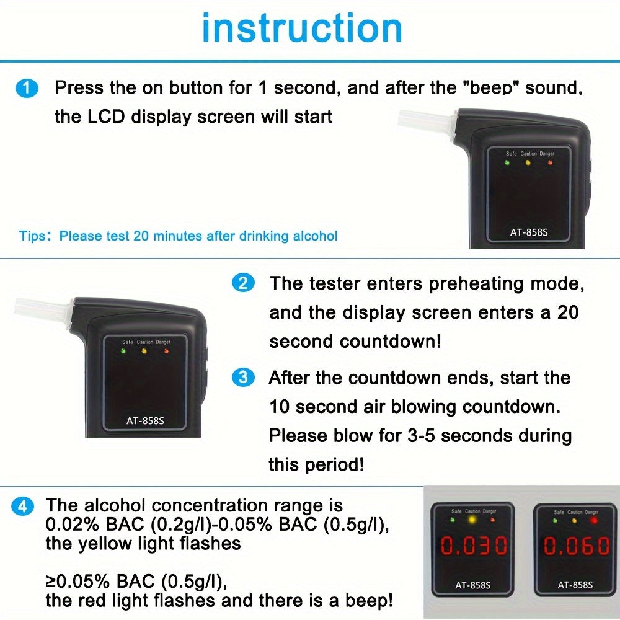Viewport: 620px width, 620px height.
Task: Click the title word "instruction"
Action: [302, 29]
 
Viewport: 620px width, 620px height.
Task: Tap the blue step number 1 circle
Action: [27, 88]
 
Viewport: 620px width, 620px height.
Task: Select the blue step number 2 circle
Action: [242, 284]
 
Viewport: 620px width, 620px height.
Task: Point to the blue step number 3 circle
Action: [242, 378]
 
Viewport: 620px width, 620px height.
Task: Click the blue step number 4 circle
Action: [23, 506]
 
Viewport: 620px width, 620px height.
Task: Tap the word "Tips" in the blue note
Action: [32, 236]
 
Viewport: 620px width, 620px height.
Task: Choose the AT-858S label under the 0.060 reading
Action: [574, 584]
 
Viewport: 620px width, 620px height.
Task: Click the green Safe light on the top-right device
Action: [507, 163]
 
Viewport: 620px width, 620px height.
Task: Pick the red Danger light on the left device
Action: [166, 351]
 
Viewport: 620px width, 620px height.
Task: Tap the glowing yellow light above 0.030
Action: [473, 520]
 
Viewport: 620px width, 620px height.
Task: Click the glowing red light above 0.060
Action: [593, 520]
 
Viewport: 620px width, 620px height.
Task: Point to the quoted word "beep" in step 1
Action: [495, 88]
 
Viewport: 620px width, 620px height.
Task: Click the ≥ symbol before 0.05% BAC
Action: [51, 582]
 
